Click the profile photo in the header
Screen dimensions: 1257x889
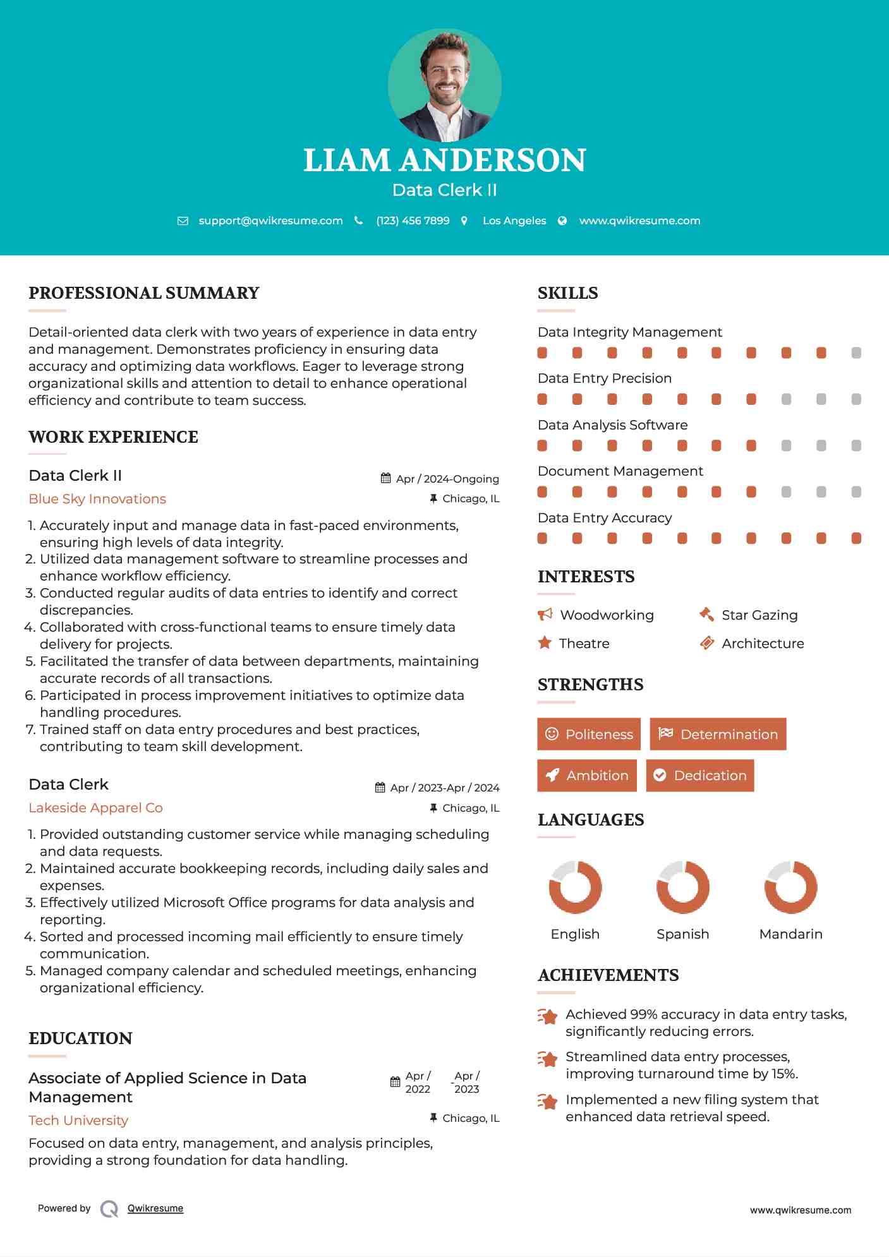coord(444,85)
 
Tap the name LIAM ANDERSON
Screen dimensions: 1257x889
coord(444,160)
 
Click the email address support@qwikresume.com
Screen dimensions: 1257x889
coord(270,220)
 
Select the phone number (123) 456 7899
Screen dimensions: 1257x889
coord(413,220)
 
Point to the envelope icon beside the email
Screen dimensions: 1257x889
coord(183,220)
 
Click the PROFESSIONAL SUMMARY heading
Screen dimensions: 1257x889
coord(144,293)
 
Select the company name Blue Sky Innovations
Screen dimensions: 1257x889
coord(97,499)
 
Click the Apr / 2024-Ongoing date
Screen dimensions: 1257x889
coord(447,479)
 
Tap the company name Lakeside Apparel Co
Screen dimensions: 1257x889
coord(95,808)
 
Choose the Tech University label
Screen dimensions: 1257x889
coord(78,1121)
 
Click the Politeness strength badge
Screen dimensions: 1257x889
coord(589,734)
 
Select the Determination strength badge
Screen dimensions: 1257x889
coord(718,734)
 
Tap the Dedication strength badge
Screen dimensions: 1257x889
coord(700,776)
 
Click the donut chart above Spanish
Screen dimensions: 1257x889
coord(683,887)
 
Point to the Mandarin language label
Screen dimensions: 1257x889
coord(791,934)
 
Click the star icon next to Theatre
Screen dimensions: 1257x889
coord(545,643)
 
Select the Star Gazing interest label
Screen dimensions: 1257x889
coord(759,615)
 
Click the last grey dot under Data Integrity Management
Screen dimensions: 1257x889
coord(856,353)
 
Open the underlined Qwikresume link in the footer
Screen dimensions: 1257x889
coord(155,1208)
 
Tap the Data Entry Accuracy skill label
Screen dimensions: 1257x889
coord(605,518)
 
